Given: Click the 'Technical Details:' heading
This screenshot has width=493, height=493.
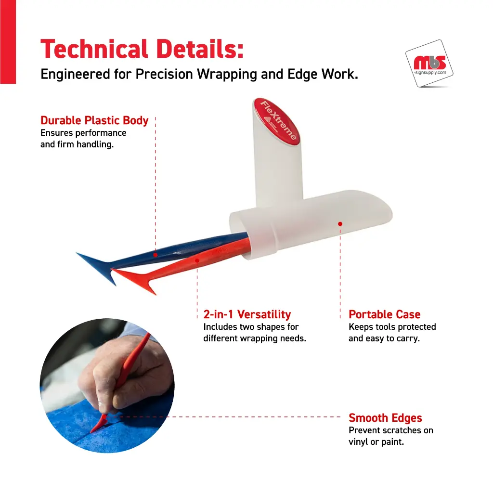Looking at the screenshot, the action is coord(142,49).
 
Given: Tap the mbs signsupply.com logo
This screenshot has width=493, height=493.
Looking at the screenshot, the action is coord(429,64).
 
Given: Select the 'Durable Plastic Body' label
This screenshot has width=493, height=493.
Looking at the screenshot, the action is coord(94,120).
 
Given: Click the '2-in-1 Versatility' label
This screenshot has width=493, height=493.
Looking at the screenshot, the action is coord(247,314).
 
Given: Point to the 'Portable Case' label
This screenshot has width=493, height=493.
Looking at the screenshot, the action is coord(384,314).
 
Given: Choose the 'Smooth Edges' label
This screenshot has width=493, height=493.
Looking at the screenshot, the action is coord(385,418).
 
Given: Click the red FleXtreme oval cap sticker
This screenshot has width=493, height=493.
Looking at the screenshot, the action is coord(276,121).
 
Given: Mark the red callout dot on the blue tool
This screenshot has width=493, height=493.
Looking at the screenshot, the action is coord(156,255).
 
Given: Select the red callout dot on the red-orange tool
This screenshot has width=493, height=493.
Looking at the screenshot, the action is coord(197,260).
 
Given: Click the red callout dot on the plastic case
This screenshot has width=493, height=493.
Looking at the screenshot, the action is coord(340,224).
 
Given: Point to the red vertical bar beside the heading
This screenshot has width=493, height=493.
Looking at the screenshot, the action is coord(8,42).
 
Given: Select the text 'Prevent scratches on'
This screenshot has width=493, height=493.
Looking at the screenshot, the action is coord(391,430).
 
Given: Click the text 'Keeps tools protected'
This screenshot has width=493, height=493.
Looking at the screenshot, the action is coord(392,327).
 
